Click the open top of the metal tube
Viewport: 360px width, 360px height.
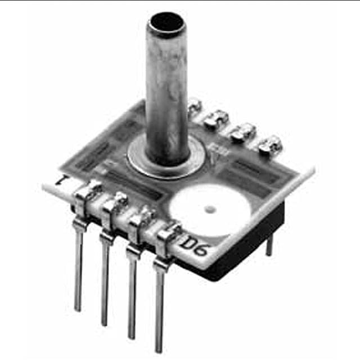click(165, 24)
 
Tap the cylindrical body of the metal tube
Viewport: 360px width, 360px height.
click(166, 90)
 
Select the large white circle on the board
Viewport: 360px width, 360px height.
click(209, 209)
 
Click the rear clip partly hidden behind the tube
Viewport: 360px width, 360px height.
click(194, 105)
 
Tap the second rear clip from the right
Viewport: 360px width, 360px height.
click(242, 132)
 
